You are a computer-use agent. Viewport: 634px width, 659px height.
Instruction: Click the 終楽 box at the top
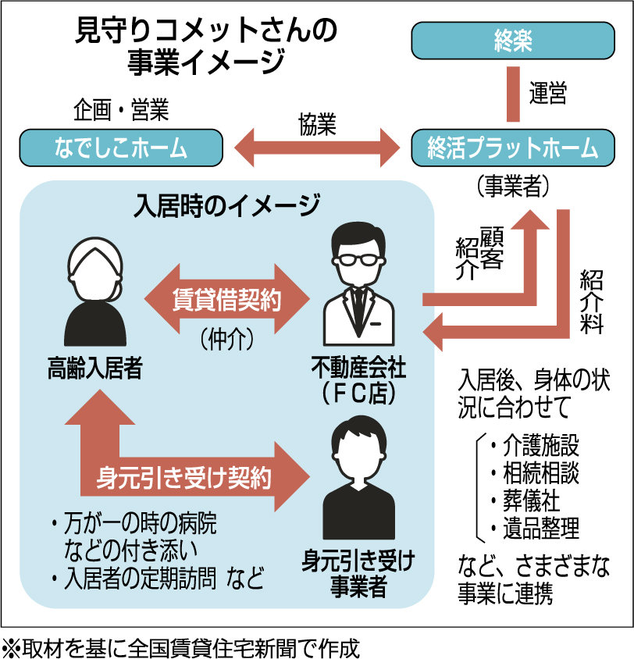tap(512, 40)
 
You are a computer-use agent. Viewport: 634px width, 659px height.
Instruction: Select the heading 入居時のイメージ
tap(226, 206)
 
